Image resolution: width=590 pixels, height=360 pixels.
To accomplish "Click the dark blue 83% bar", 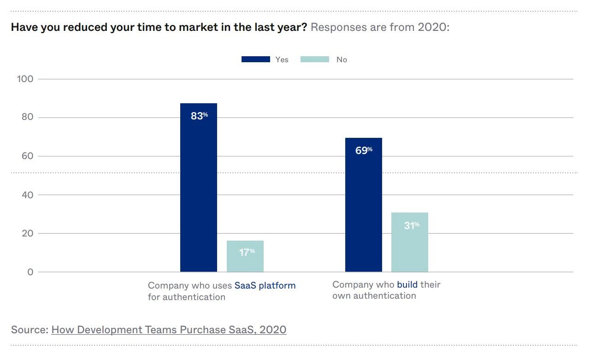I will (198, 194).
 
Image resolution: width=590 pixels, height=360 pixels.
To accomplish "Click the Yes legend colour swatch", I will (255, 59).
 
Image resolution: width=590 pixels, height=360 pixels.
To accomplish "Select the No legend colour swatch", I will (314, 59).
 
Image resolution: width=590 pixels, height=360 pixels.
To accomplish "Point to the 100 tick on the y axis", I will (25, 79).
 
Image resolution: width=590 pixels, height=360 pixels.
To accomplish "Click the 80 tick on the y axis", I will (27, 118).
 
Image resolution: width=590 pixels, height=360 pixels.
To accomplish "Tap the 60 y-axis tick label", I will (27, 156).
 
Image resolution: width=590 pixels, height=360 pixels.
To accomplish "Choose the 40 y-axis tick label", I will (27, 195).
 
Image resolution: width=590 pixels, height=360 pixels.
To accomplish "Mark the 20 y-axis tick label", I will (27, 234).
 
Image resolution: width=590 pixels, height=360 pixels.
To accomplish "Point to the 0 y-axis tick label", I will (30, 272).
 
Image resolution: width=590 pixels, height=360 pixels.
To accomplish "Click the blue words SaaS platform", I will (265, 285).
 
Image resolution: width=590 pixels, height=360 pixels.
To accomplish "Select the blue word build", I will (407, 284).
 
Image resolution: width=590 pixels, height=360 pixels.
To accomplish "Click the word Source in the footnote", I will (29, 330).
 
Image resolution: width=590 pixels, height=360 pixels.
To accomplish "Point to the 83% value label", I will (199, 116).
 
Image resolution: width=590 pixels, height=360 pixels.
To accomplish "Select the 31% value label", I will (412, 226).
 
